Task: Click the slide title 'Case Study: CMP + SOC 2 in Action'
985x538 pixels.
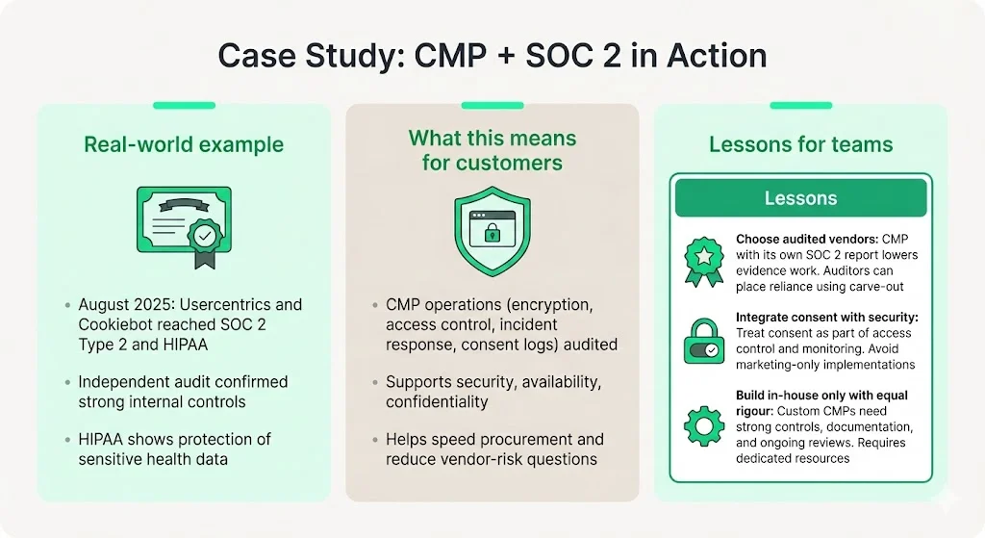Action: (x=492, y=55)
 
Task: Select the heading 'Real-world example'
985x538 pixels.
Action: (x=184, y=145)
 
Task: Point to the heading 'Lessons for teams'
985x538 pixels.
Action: (x=800, y=145)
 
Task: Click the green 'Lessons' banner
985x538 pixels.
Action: (x=800, y=198)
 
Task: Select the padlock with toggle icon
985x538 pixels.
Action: (x=704, y=343)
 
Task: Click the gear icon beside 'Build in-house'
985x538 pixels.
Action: (x=704, y=424)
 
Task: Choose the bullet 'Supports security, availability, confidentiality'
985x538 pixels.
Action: (x=492, y=392)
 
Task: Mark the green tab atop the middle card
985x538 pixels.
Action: (x=492, y=105)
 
